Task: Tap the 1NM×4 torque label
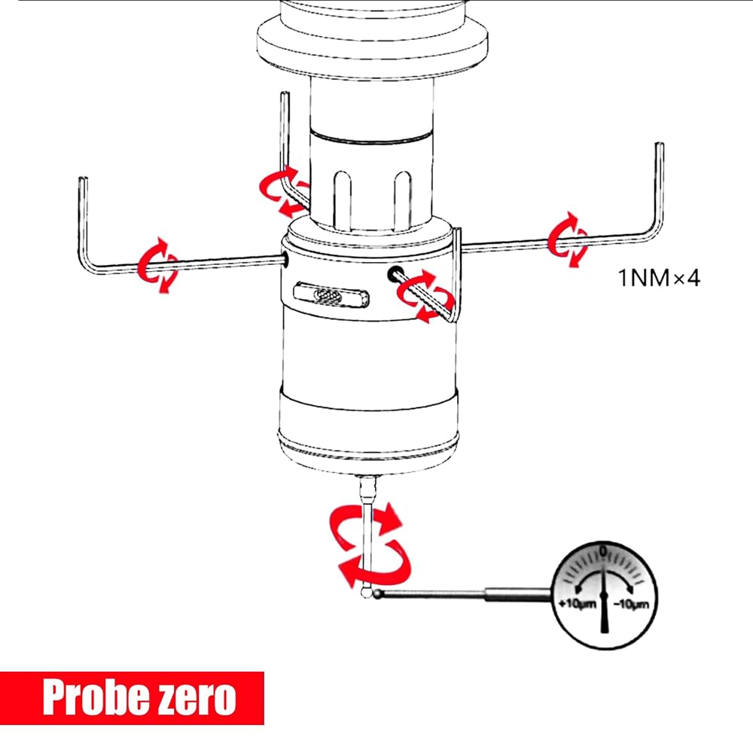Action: (659, 278)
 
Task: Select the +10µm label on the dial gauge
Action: (578, 602)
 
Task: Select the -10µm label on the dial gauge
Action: (631, 604)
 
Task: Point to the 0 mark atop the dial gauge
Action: (604, 551)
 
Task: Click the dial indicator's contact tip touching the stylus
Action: (378, 594)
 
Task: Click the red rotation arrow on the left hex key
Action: (157, 264)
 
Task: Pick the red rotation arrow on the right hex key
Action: (568, 239)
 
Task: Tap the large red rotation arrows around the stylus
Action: (369, 544)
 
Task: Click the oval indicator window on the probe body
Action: (331, 294)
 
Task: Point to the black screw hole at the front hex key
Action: (395, 273)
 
